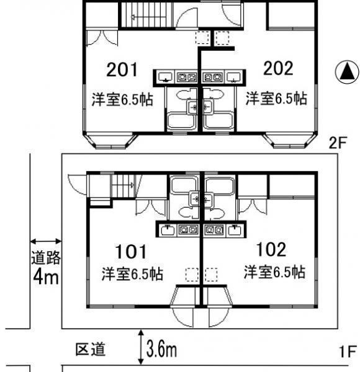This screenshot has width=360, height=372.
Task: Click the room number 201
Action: coord(122,69)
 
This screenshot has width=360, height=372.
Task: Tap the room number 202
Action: coord(278,68)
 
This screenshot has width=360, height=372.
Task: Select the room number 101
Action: coord(130,252)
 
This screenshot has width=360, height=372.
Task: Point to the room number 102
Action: coord(271,249)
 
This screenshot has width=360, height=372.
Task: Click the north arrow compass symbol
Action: coord(347,72)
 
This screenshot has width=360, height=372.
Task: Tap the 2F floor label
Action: coord(338,143)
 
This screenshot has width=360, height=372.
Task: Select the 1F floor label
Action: coord(348,352)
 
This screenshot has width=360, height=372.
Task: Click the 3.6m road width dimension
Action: coord(161,348)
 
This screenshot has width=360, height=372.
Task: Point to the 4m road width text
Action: coord(45,277)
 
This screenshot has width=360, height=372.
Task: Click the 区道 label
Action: coord(90,349)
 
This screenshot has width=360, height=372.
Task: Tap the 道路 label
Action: coord(45,257)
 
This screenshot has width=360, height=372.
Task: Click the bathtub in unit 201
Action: coord(181,122)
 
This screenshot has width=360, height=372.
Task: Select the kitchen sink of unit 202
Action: coord(234,77)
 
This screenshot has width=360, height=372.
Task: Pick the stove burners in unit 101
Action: coord(188,230)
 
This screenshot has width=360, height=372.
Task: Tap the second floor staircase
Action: coord(146,15)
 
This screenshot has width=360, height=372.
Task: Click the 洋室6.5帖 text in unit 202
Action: coord(276,99)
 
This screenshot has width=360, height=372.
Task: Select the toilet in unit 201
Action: coord(187,94)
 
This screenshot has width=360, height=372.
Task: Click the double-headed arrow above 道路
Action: coord(45,242)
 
